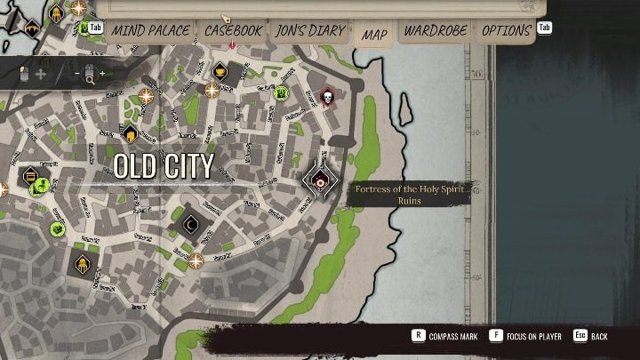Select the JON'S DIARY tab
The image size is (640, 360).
coord(309,31)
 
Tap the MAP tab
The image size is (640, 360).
coord(374,35)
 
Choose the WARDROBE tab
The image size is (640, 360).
coord(436,31)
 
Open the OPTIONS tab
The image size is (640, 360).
coord(507,31)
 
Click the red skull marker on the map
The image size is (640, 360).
coord(326,95)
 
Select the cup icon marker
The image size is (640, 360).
coord(220,71)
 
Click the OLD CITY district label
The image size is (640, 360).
coord(164,166)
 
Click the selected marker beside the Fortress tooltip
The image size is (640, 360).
coord(321,180)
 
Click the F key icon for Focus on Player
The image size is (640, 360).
coord(501,337)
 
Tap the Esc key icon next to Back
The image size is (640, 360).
coord(580,337)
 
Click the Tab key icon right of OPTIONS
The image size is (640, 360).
coord(544,28)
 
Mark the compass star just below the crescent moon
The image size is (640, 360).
coord(196,260)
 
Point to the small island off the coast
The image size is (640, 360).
coord(404,108)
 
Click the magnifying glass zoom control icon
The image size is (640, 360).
coord(89,77)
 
